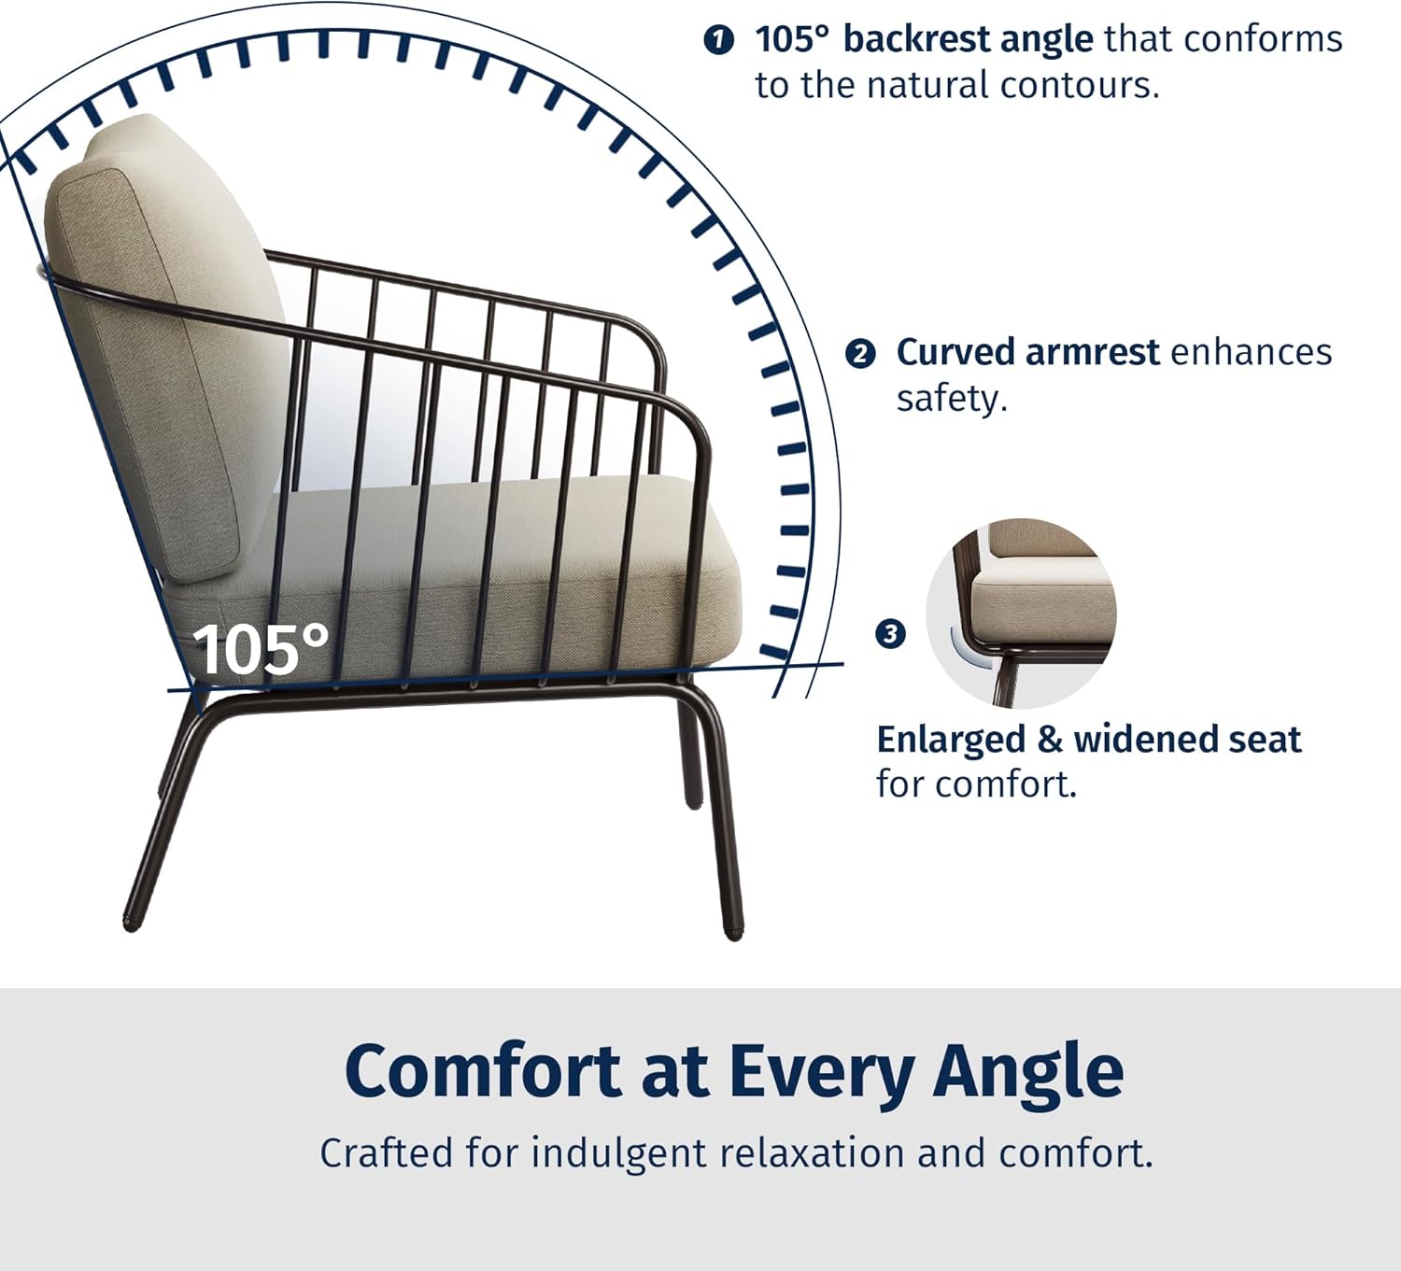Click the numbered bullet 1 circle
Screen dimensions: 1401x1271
pos(718,40)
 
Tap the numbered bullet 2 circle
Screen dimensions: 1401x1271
pos(860,354)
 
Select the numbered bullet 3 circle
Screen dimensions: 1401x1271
pos(890,634)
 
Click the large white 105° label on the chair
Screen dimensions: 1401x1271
pos(260,650)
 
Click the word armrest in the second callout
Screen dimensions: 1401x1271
pos(1092,352)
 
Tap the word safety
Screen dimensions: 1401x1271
pos(952,400)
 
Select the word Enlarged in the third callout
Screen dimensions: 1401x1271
pos(951,741)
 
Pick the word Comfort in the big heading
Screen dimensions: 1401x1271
pos(483,1072)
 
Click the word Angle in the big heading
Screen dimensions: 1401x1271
pos(1028,1077)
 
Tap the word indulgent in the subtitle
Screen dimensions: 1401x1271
pos(619,1153)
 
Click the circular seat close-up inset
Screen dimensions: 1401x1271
pos(1020,614)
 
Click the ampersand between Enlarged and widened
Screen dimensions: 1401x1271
pos(1049,741)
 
